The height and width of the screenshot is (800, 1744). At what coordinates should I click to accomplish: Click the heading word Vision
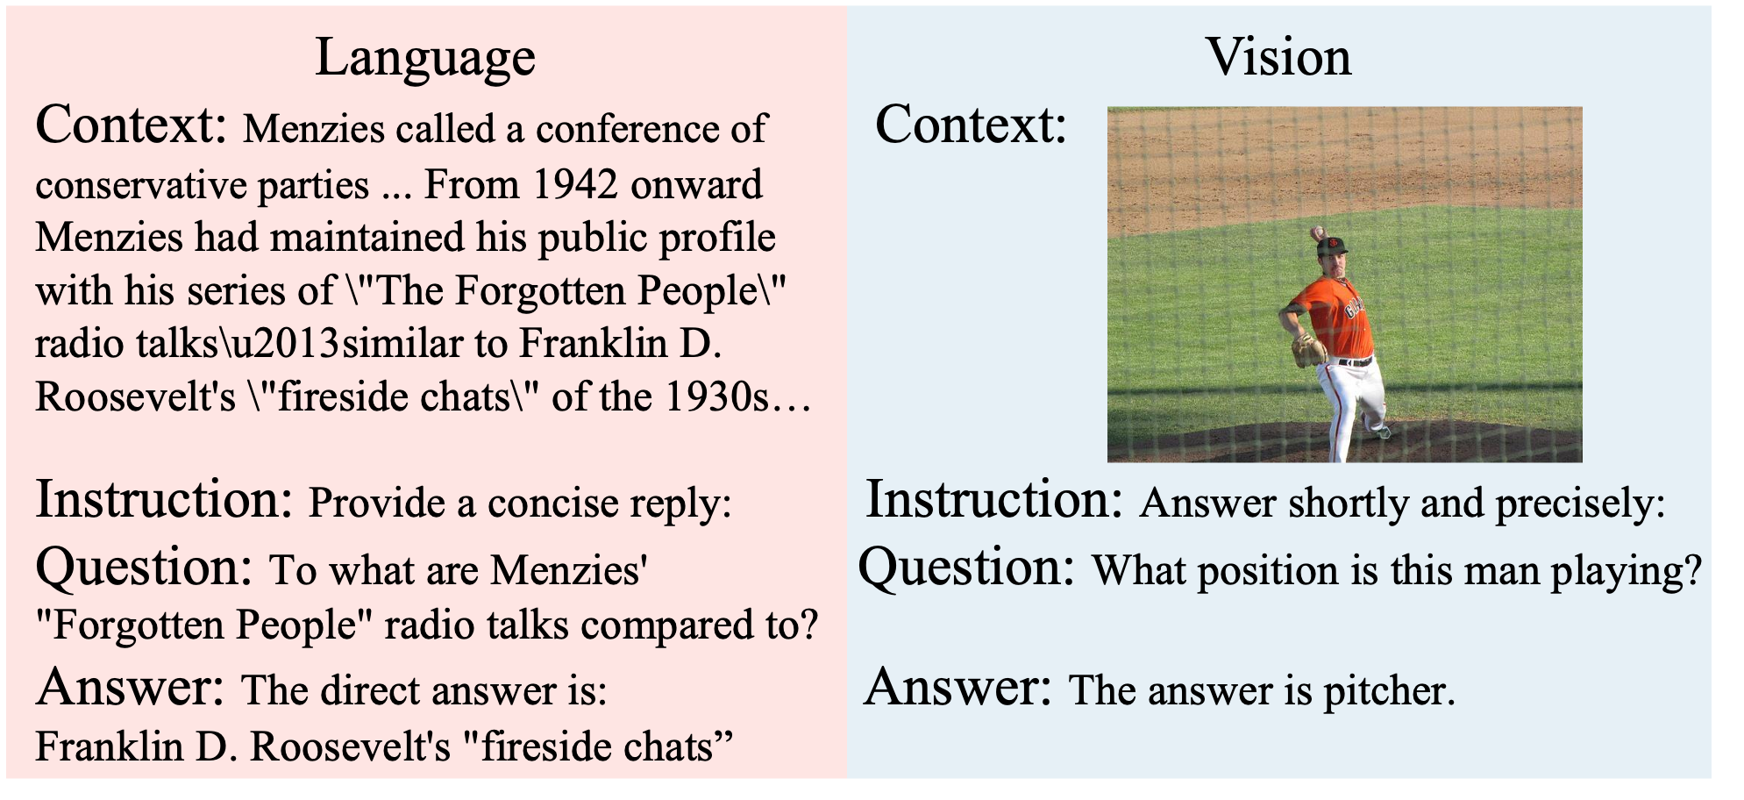click(1278, 57)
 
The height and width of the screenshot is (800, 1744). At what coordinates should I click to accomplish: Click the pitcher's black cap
click(1330, 246)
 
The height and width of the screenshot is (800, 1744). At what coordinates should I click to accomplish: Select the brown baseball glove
click(1308, 351)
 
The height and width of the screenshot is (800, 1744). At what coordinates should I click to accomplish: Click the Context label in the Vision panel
click(971, 125)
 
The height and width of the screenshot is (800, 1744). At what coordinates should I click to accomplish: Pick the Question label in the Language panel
click(145, 568)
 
